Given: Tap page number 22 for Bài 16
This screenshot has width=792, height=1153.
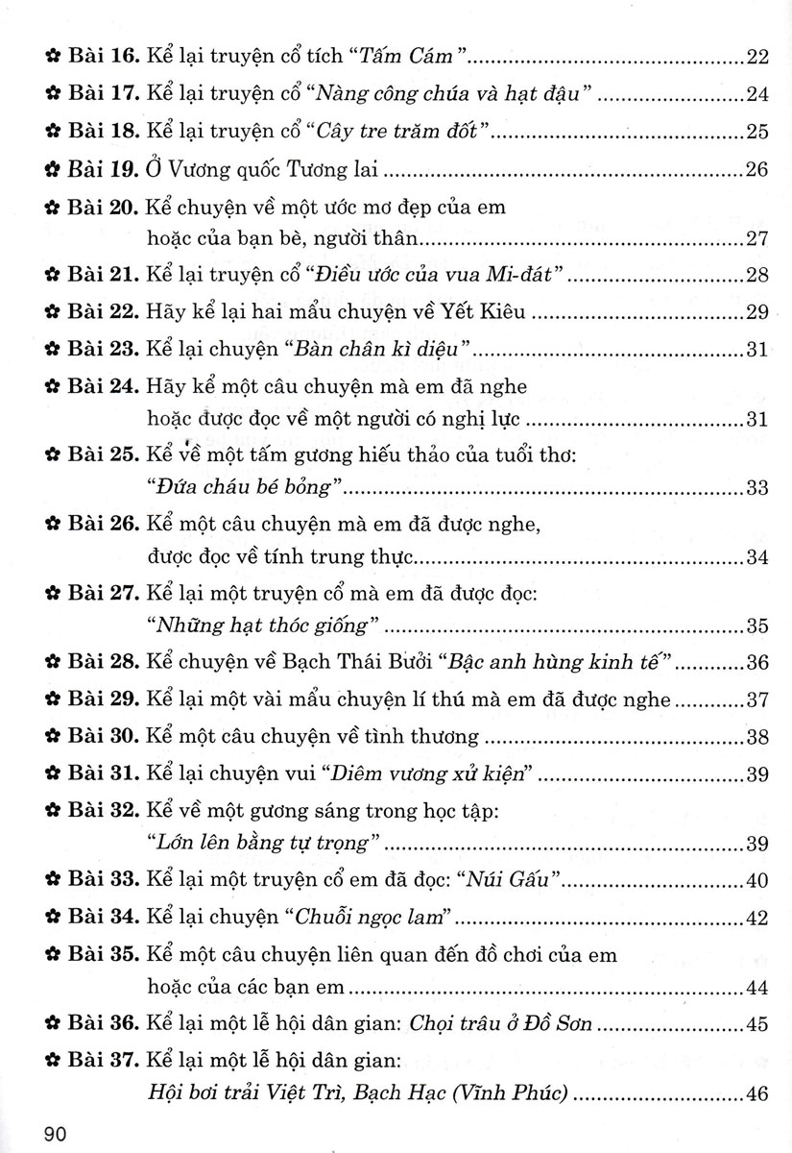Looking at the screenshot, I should pyautogui.click(x=757, y=59).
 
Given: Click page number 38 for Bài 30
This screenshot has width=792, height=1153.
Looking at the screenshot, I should pyautogui.click(x=757, y=738).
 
